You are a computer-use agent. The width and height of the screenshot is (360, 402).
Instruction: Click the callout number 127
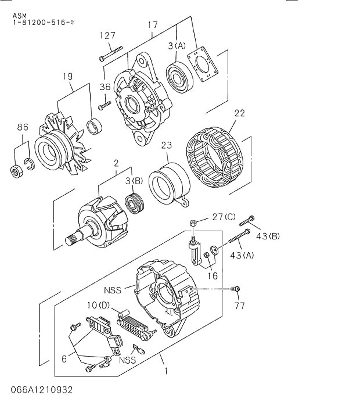[107, 35]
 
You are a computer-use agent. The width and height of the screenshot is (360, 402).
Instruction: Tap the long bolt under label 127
[111, 54]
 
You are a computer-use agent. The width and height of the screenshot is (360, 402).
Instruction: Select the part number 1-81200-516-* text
[44, 22]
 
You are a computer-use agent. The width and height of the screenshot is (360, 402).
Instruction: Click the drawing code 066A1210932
[42, 390]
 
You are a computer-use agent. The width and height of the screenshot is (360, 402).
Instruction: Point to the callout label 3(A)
[177, 46]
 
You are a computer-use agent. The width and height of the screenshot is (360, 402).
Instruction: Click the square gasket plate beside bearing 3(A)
[203, 64]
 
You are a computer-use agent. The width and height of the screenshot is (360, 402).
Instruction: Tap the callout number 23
[167, 145]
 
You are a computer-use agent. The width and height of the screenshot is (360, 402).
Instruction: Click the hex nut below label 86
[17, 171]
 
